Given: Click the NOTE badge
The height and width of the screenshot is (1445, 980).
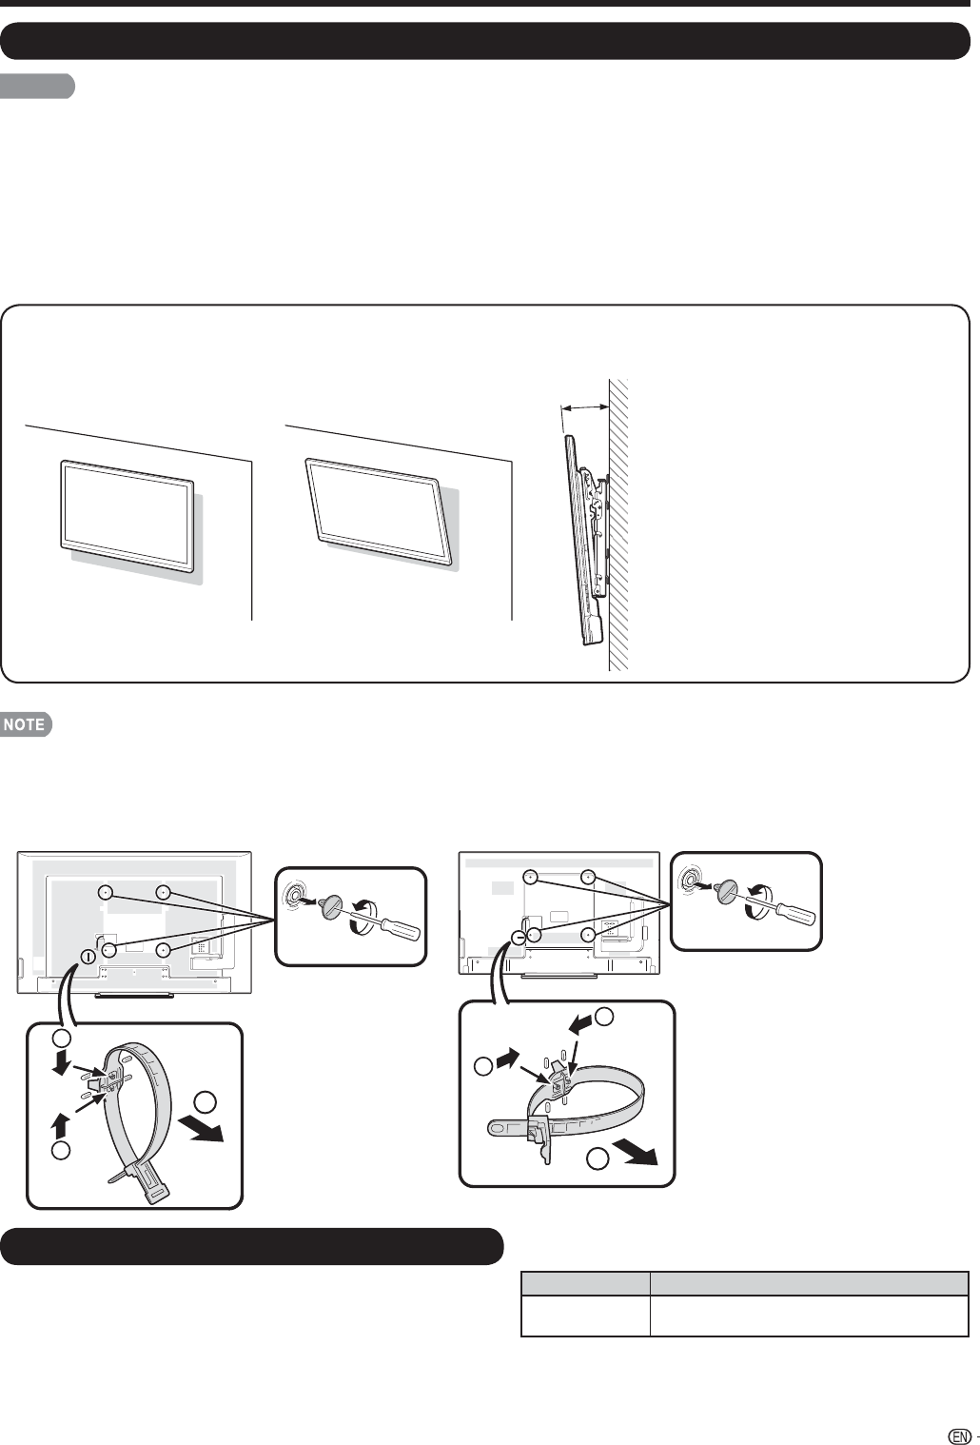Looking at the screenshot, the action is [x=27, y=724].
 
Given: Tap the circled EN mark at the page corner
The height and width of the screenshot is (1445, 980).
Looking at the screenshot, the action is [x=959, y=1432].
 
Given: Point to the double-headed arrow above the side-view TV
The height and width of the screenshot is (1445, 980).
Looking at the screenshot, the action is [x=585, y=407].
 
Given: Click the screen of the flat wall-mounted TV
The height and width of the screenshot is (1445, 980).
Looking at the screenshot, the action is [x=127, y=514].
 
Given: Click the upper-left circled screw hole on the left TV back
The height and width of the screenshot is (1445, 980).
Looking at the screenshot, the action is [x=105, y=892].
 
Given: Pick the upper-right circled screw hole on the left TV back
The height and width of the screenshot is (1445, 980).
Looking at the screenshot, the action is [x=163, y=892].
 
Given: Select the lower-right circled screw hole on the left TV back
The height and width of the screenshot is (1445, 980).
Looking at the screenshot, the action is [x=163, y=949].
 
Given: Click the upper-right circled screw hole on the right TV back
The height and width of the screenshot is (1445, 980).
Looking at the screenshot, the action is [x=587, y=877].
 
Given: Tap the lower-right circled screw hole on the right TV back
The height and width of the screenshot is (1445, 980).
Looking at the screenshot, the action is [x=587, y=934].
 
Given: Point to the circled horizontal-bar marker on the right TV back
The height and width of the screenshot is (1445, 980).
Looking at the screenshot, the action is [x=519, y=937].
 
